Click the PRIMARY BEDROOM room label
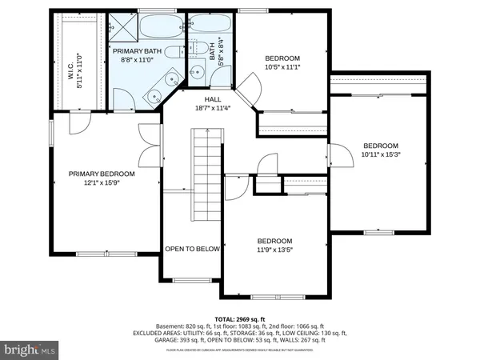point(101,174)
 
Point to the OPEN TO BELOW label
point(192,249)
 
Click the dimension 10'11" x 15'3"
point(380,154)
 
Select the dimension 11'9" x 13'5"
point(274,249)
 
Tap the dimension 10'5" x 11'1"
point(282,66)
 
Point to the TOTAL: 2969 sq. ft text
point(239,319)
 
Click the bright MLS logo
point(30,350)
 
